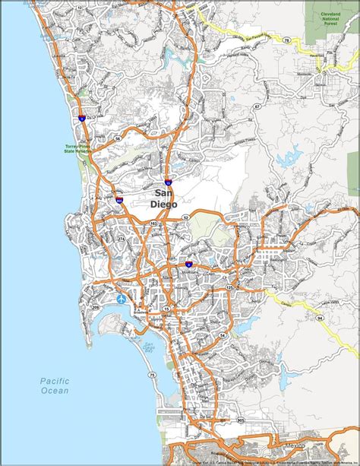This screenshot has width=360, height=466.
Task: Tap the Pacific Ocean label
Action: click(x=55, y=385)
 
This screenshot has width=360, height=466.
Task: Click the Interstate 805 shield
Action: click(x=120, y=200)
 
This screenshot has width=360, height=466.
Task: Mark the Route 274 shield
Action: click(x=121, y=240)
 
